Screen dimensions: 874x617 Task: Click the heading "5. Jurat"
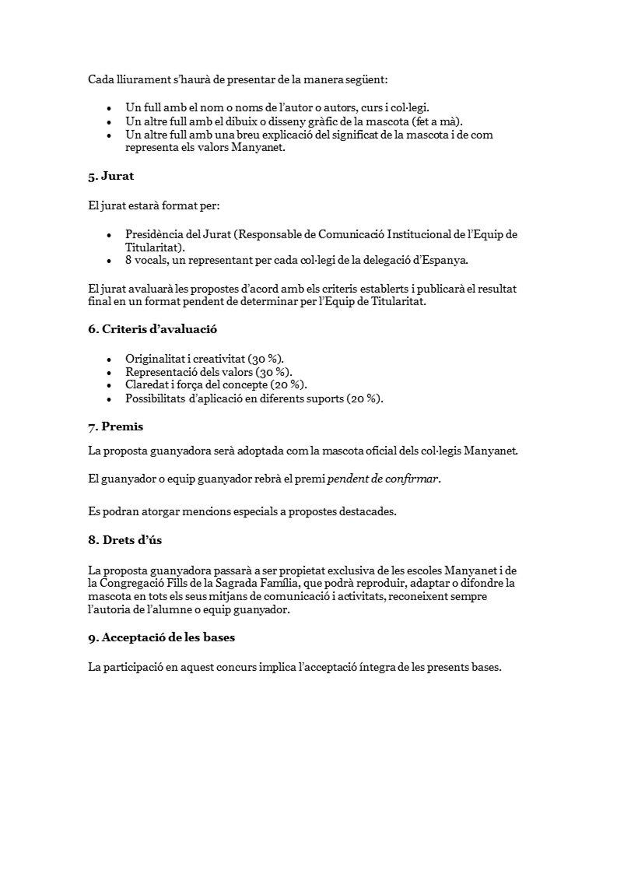click(110, 176)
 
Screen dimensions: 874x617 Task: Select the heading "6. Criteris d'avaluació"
click(152, 329)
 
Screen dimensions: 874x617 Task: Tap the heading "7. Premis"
click(115, 426)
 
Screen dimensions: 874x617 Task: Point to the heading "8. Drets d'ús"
click(124, 540)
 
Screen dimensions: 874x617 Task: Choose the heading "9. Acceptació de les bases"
click(161, 637)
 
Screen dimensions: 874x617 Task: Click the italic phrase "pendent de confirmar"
click(383, 479)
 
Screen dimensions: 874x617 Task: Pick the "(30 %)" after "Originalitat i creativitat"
click(265, 360)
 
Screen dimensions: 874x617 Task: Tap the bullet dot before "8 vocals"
click(108, 261)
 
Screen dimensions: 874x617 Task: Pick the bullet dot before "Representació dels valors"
click(108, 373)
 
